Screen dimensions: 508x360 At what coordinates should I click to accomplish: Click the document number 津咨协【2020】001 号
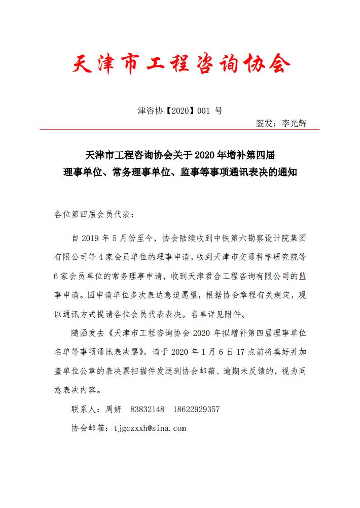(x=179, y=110)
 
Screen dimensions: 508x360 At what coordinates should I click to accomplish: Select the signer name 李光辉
(x=294, y=123)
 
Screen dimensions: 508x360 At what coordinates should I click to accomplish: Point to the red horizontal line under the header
(x=179, y=130)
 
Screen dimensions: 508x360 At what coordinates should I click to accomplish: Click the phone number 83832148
(x=148, y=409)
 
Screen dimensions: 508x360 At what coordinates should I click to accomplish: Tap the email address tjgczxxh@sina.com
(x=150, y=428)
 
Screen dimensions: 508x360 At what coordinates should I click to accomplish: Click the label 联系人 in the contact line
(x=84, y=409)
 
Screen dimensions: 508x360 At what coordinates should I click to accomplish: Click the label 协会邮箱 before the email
(x=89, y=428)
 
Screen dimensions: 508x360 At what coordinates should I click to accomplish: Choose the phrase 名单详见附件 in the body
(x=216, y=314)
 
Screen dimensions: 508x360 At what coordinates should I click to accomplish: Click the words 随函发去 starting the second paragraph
(x=89, y=333)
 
